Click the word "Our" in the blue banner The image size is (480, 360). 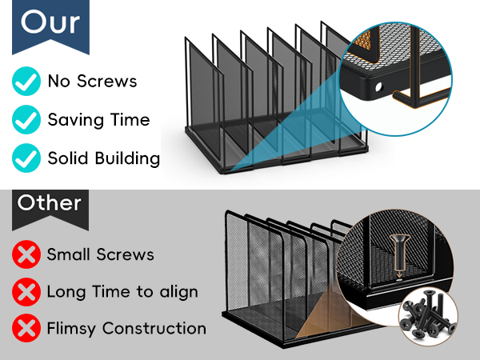point(50,22)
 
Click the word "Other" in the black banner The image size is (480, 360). point(50,202)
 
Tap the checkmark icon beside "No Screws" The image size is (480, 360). point(26,81)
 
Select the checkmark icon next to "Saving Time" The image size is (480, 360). point(26,119)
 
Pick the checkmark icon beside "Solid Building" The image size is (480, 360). point(26,158)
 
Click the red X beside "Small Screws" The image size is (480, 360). point(26,254)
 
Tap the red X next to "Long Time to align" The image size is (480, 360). point(26,292)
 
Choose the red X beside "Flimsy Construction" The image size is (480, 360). point(26,328)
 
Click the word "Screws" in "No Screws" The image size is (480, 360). point(107,81)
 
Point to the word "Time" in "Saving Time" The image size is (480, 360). point(130,119)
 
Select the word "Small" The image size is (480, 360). point(70,254)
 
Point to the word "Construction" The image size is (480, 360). point(154,328)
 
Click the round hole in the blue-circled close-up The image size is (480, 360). point(379,87)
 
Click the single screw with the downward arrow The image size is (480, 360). point(399,252)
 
